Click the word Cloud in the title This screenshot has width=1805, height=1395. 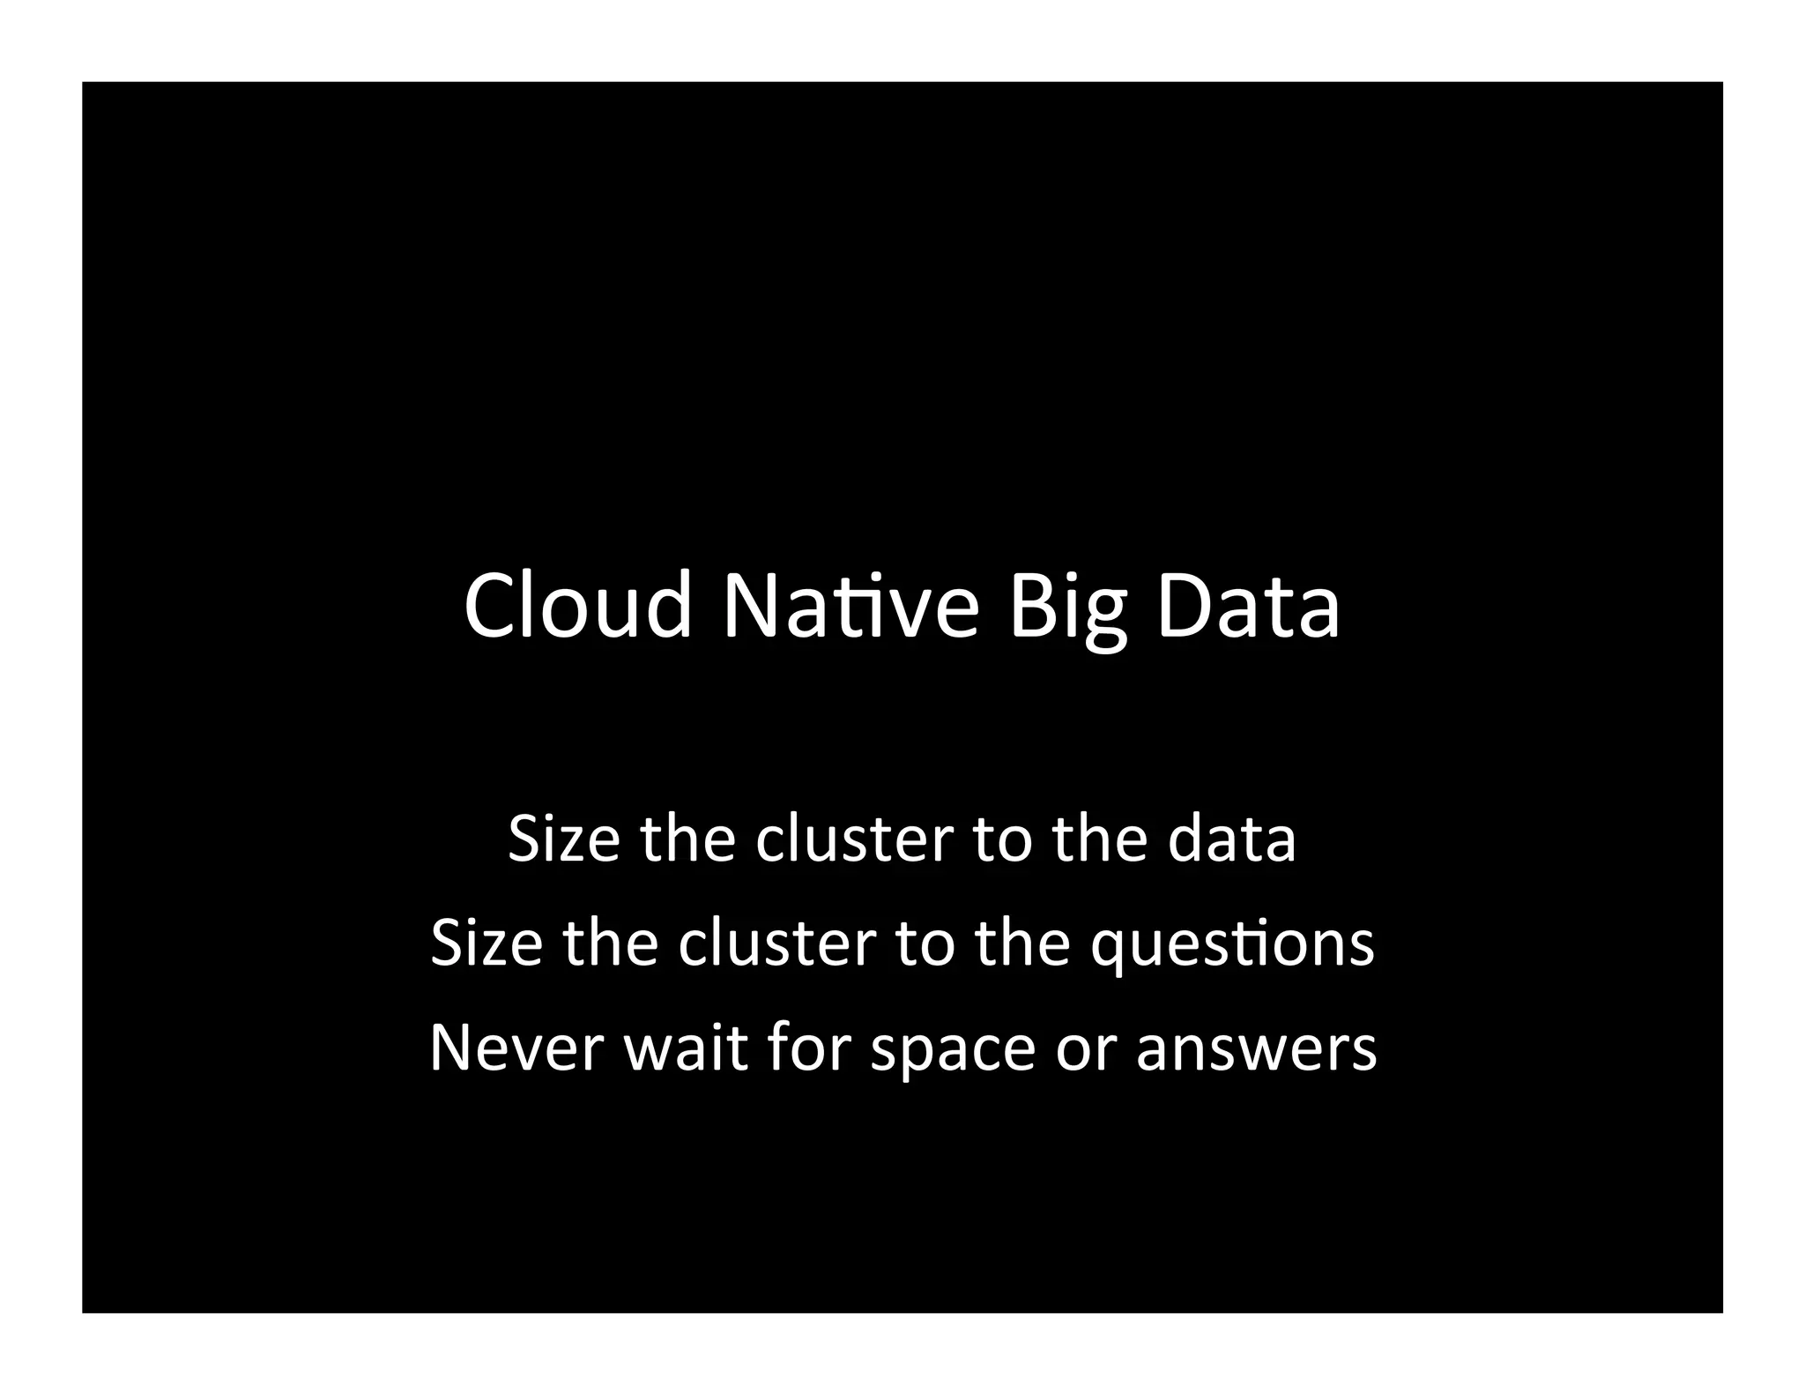(577, 606)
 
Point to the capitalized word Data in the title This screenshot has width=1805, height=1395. (1248, 606)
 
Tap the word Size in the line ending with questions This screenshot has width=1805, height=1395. (487, 944)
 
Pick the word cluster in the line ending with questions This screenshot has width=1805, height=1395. (776, 944)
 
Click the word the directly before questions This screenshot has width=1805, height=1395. (1022, 944)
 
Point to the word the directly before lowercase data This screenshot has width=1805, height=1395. (1100, 839)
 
